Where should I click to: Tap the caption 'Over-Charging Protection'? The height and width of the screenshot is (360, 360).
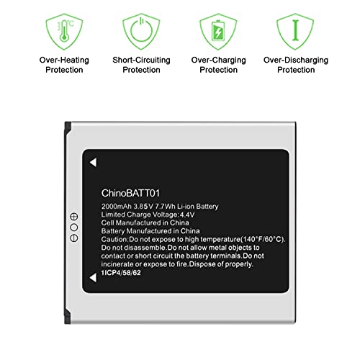pos(217,65)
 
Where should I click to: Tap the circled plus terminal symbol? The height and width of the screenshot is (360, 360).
pos(73,217)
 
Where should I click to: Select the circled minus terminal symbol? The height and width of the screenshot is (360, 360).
pos(73,237)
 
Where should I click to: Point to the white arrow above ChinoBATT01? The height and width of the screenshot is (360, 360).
pos(94,163)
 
